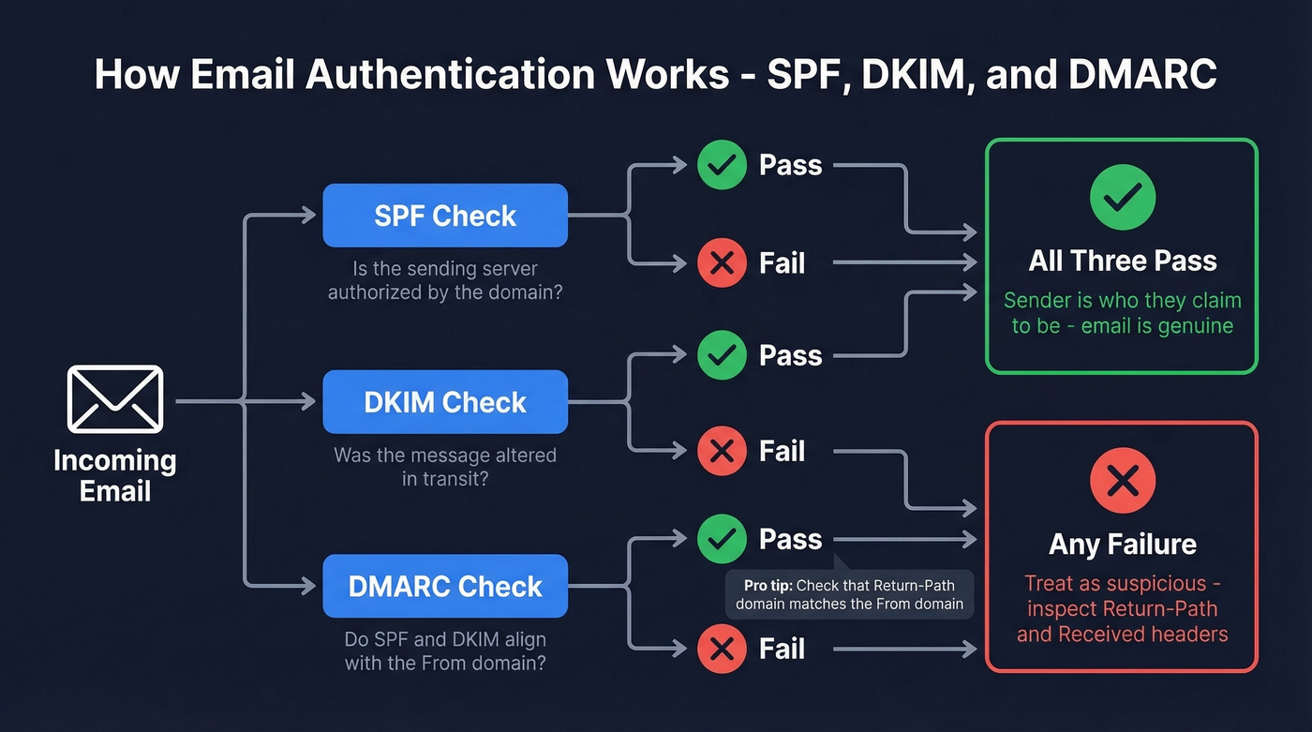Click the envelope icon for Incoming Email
(115, 399)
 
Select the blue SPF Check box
(445, 216)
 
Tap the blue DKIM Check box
(445, 402)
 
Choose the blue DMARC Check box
(445, 587)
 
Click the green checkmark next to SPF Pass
(722, 166)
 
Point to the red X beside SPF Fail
(722, 263)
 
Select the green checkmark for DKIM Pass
(722, 355)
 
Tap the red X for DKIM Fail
(722, 452)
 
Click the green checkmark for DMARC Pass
(722, 539)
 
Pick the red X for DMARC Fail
(722, 649)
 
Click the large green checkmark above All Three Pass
(1122, 196)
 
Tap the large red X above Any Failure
(1122, 482)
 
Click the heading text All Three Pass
(1122, 261)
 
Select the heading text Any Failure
(1122, 545)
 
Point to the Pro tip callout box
(849, 594)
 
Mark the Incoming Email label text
(115, 476)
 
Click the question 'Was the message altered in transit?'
(445, 466)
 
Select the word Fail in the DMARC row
(782, 649)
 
